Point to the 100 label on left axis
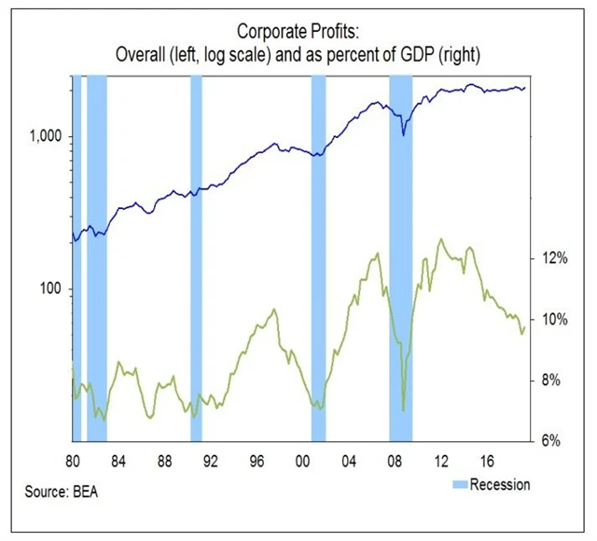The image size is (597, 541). (x=48, y=289)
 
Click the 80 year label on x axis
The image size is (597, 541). (x=73, y=460)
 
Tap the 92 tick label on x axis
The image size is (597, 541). (x=210, y=460)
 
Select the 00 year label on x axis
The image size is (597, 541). (x=302, y=460)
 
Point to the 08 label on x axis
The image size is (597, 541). (x=395, y=460)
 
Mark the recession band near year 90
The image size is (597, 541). (x=196, y=280)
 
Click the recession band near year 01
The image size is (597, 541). (x=318, y=280)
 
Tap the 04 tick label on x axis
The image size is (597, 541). (x=349, y=460)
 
